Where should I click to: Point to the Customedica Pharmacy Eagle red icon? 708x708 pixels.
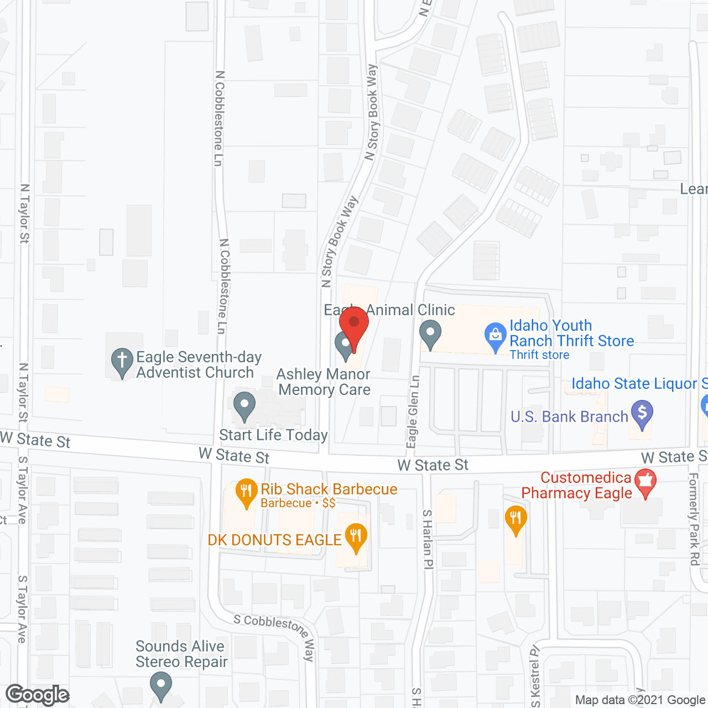pyautogui.click(x=644, y=482)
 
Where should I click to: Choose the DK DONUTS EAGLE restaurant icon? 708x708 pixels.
pyautogui.click(x=356, y=537)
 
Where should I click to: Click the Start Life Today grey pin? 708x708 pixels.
pyautogui.click(x=244, y=406)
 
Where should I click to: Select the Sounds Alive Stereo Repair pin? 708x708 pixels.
pyautogui.click(x=161, y=685)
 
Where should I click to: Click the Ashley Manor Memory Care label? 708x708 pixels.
pyautogui.click(x=324, y=382)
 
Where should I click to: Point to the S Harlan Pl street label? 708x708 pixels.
pyautogui.click(x=428, y=539)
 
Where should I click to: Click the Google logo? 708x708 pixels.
pyautogui.click(x=38, y=695)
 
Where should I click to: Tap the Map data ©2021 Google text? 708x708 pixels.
pyautogui.click(x=640, y=700)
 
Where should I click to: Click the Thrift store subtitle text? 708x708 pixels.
pyautogui.click(x=539, y=355)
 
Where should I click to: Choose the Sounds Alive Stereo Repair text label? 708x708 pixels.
pyautogui.click(x=181, y=654)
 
